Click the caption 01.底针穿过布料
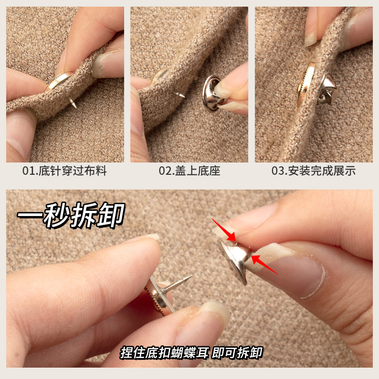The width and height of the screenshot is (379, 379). (65, 171)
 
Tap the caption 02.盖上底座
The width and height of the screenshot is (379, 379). (189, 171)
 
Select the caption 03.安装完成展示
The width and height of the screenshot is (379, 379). (313, 171)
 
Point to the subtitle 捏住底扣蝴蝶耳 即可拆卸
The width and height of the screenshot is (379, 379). (191, 352)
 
